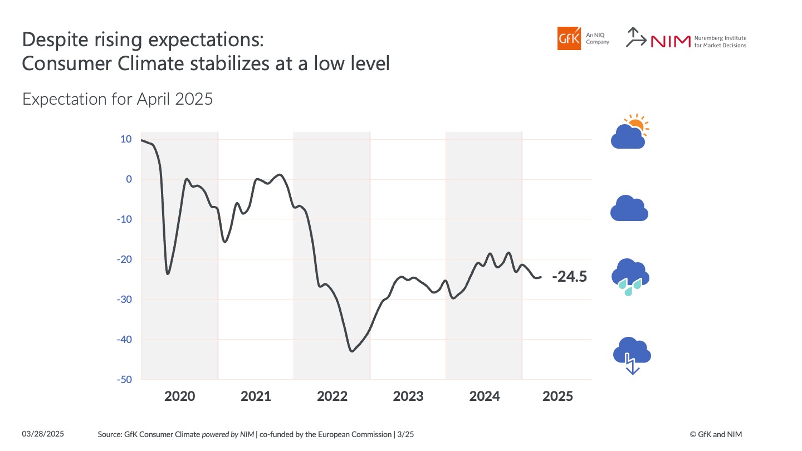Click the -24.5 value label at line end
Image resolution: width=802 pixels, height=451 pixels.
point(569,277)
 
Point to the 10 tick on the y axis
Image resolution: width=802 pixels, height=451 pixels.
point(126,139)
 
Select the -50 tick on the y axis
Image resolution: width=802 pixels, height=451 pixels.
point(124,380)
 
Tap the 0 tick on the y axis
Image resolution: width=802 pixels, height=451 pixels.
point(129,179)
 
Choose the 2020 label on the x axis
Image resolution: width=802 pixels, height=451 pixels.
point(180,396)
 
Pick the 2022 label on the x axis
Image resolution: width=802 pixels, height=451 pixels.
point(332,396)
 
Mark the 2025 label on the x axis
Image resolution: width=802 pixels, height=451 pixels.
point(558,396)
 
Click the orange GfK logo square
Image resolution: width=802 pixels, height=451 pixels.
point(569,38)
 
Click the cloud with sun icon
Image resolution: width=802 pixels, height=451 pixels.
point(630,132)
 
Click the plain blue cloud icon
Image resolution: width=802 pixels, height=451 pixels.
point(629,209)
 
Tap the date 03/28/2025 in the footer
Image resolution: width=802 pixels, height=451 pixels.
point(43,434)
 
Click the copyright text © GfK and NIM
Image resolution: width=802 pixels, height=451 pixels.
point(716,434)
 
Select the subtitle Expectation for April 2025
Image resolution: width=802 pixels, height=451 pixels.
point(118,99)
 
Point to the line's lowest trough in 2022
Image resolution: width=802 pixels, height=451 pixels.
point(351,351)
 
